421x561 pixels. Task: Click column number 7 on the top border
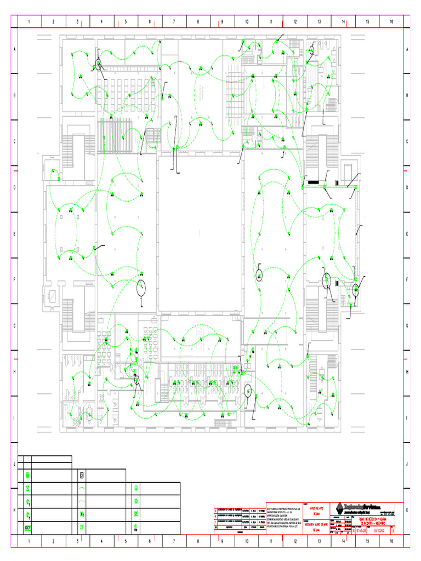point(174,22)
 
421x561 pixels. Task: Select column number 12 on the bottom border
point(295,541)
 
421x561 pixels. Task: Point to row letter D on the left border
point(14,187)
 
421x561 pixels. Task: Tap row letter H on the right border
point(407,372)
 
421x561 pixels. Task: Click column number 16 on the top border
point(391,22)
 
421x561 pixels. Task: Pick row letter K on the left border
point(14,510)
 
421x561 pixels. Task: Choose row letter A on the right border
point(407,49)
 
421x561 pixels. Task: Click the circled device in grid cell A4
point(98,65)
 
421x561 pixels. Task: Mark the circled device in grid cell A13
point(311,50)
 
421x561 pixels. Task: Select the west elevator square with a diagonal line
point(55,295)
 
